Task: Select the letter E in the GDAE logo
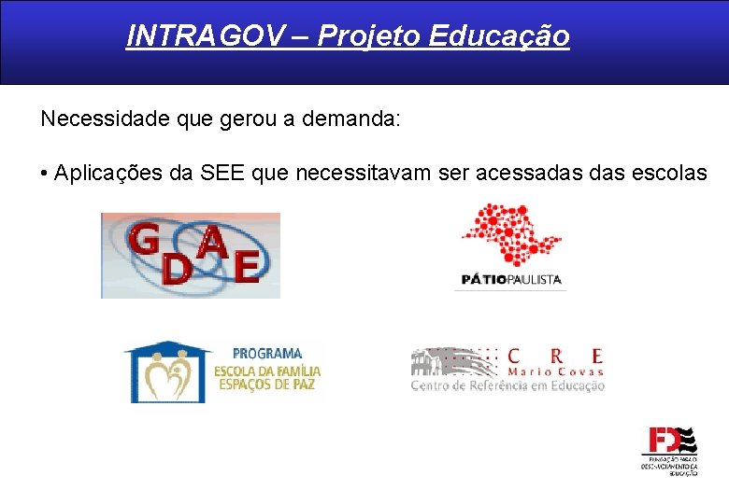(248, 265)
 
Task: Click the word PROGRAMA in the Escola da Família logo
(267, 354)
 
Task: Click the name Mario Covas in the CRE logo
(555, 371)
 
